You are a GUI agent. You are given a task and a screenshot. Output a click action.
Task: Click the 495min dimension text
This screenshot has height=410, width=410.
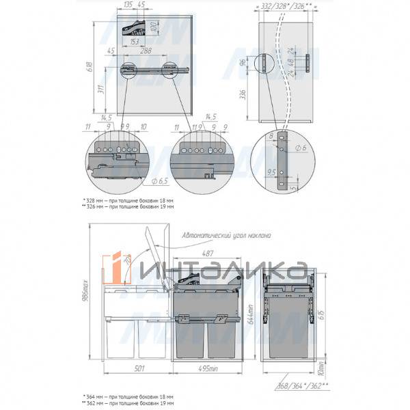(x=210, y=370)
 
